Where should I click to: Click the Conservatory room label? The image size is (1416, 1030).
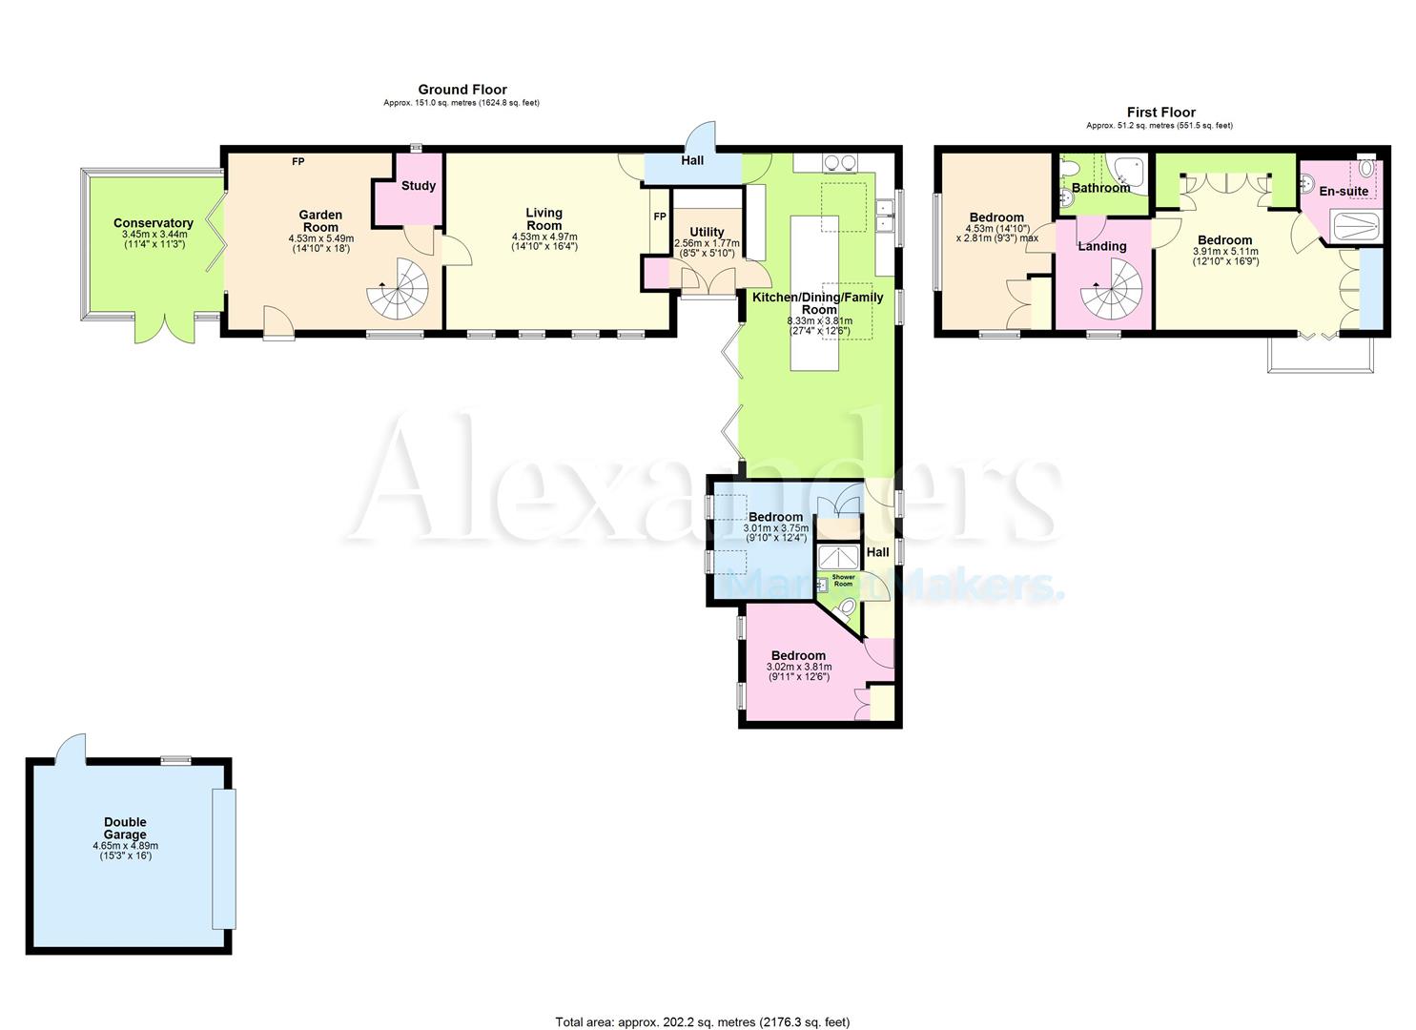[x=153, y=223]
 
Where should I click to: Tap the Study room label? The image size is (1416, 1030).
[x=418, y=186]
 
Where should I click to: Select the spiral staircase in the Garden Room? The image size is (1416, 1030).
[x=400, y=290]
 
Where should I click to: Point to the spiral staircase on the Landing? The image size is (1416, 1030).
[x=1112, y=292]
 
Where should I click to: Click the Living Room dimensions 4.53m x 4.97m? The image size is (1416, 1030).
[x=544, y=237]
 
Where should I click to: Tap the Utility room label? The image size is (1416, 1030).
[x=707, y=232]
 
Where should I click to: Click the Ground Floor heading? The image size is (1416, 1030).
[x=462, y=90]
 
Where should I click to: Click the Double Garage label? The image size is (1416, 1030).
[x=125, y=828]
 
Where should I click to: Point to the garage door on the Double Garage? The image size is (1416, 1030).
[x=222, y=858]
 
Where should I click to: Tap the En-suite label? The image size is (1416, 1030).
[x=1344, y=192]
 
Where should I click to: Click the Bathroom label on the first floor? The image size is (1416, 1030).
[x=1100, y=188]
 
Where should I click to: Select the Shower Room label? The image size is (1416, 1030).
[x=844, y=579]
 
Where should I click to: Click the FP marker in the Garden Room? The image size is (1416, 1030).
[x=298, y=161]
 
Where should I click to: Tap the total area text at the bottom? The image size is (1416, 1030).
[x=702, y=1022]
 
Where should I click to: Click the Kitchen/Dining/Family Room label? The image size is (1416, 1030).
[x=818, y=302]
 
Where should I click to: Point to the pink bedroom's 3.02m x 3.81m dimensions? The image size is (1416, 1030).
[x=799, y=668]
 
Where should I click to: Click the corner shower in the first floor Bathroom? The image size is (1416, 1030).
[x=1130, y=170]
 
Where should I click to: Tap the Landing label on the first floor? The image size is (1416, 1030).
[x=1101, y=246]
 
